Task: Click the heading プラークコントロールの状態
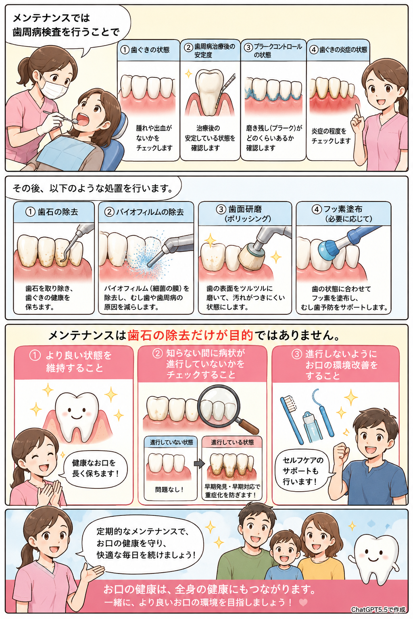coord(273,50)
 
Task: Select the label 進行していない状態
coord(171,442)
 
